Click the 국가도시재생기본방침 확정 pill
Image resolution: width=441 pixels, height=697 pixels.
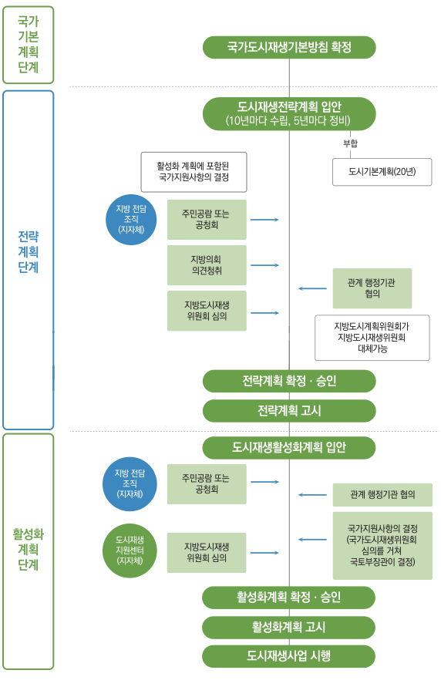(289, 48)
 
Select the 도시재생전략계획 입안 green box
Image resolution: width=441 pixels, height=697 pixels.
(289, 114)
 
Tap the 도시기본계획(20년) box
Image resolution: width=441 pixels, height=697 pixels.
(382, 172)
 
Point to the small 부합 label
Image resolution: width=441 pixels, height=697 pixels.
(350, 143)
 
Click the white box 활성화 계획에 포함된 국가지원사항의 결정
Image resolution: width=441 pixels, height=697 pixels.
(194, 172)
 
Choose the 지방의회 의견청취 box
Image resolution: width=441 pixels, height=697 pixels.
(207, 265)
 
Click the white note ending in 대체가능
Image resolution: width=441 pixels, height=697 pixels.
(372, 338)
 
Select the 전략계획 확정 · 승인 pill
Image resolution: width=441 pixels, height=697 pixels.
(289, 382)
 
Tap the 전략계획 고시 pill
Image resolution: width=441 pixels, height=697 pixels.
(289, 411)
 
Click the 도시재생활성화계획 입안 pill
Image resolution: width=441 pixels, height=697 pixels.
(289, 448)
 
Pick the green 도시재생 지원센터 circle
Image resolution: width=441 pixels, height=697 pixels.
(130, 551)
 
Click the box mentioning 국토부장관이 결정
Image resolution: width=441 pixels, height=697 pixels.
(382, 545)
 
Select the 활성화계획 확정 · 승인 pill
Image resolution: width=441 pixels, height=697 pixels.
(288, 598)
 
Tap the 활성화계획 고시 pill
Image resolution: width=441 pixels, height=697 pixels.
(288, 627)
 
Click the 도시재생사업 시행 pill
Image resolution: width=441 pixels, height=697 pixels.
(288, 656)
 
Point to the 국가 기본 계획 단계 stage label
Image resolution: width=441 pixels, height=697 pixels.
(28, 45)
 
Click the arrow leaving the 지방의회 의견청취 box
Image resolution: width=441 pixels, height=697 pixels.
(264, 265)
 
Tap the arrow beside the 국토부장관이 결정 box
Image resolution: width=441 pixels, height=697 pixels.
(312, 540)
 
